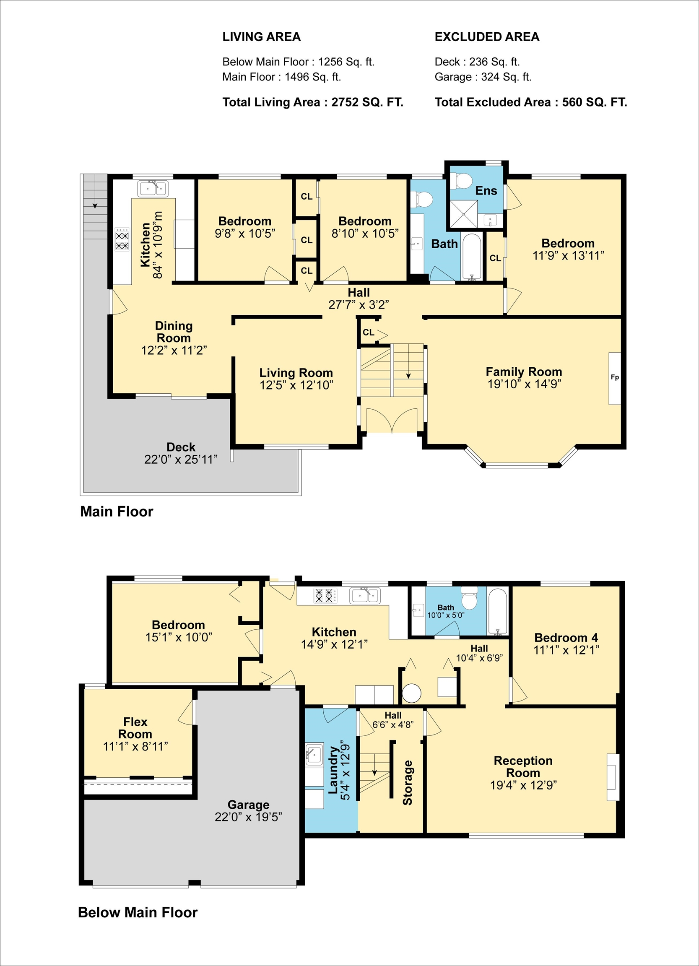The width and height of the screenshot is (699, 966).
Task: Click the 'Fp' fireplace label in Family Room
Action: [x=615, y=377]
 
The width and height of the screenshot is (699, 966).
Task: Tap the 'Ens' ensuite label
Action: [x=486, y=191]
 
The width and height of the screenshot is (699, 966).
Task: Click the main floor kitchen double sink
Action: [x=153, y=188]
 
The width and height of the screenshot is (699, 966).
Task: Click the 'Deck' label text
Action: [x=181, y=447]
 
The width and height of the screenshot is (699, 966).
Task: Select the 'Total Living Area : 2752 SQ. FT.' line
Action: [x=313, y=102]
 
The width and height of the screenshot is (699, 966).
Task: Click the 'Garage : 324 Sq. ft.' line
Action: [x=483, y=77]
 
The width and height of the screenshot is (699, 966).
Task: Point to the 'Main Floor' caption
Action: [x=117, y=512]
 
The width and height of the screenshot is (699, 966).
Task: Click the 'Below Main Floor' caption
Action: [x=138, y=912]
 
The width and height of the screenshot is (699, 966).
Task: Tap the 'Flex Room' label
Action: [x=135, y=728]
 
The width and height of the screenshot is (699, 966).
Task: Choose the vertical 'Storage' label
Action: [x=408, y=782]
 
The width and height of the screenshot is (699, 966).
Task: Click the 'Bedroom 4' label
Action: [x=566, y=638]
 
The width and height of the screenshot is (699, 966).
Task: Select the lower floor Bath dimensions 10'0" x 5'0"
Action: [x=446, y=615]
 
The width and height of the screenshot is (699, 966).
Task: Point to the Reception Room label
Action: [x=523, y=767]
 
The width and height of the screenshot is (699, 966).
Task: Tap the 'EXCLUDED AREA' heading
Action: [x=487, y=37]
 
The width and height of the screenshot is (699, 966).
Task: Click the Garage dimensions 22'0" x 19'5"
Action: [x=248, y=817]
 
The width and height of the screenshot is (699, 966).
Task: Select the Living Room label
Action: [x=296, y=373]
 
